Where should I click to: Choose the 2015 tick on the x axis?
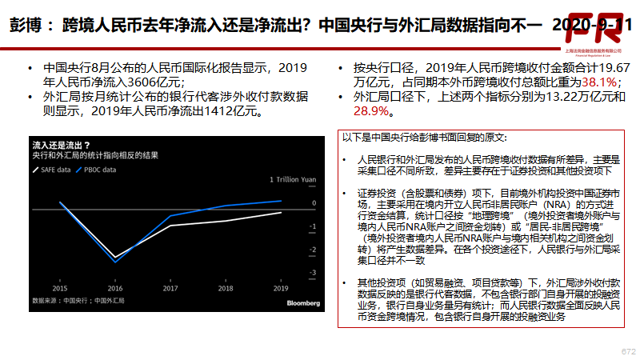pos(60,288)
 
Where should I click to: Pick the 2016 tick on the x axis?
pos(115,288)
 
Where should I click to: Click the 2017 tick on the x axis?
pos(170,288)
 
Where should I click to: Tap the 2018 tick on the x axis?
pos(226,288)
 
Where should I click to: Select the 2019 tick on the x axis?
pos(281,288)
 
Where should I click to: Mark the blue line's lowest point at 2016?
pos(115,262)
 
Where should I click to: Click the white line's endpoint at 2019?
pos(281,213)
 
